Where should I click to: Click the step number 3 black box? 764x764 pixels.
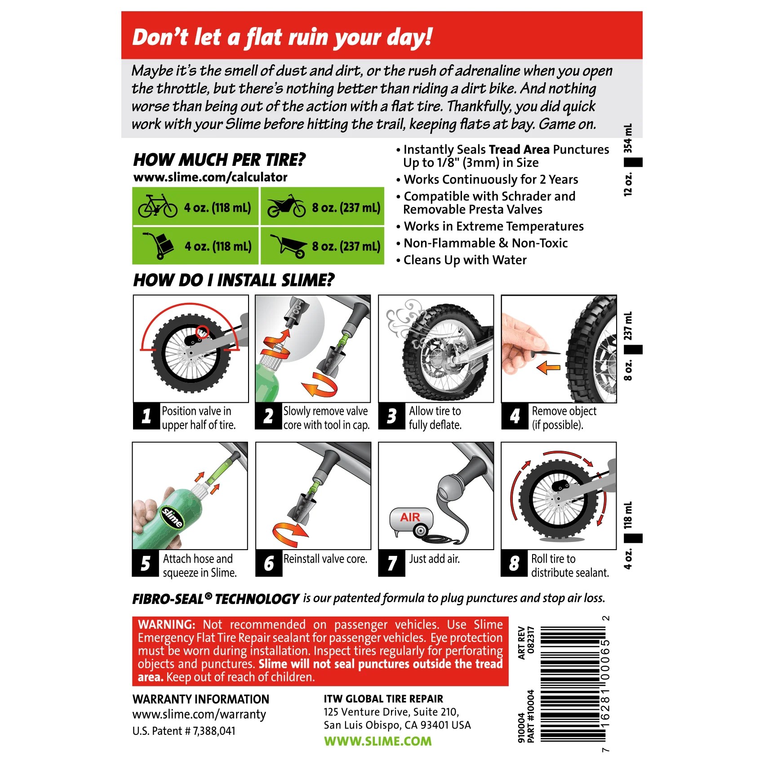pyautogui.click(x=391, y=416)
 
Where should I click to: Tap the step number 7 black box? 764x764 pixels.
pyautogui.click(x=391, y=563)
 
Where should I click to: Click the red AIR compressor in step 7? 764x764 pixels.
pyautogui.click(x=411, y=522)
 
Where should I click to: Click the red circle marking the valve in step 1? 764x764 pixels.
pyautogui.click(x=202, y=332)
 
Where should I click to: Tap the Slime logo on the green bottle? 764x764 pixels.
pyautogui.click(x=172, y=517)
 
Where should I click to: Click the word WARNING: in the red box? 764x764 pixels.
pyautogui.click(x=167, y=625)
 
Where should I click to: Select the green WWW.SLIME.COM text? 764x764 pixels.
pyautogui.click(x=378, y=741)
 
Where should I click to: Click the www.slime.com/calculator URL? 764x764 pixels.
pyautogui.click(x=210, y=177)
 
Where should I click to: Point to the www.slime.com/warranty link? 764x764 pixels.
pyautogui.click(x=199, y=715)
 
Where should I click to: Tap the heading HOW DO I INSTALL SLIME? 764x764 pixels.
pyautogui.click(x=234, y=280)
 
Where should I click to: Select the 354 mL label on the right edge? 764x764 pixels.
pyautogui.click(x=628, y=138)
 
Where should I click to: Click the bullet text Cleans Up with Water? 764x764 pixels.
pyautogui.click(x=465, y=260)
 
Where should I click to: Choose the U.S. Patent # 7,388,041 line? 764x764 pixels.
pyautogui.click(x=184, y=731)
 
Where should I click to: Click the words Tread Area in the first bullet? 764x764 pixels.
pyautogui.click(x=519, y=149)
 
